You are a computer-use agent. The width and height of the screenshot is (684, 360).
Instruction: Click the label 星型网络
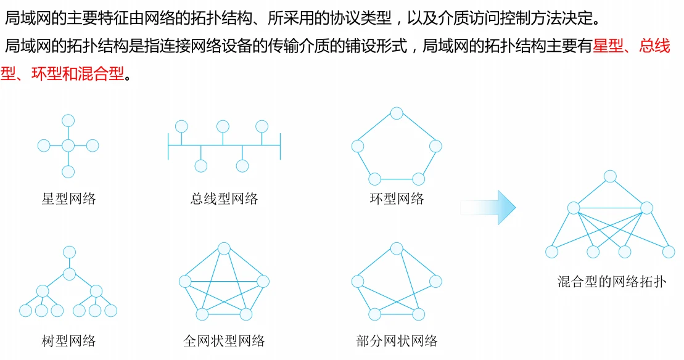[69, 199]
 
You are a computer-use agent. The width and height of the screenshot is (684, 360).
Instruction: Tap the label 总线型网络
[225, 199]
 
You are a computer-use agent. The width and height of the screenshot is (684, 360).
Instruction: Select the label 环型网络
[397, 199]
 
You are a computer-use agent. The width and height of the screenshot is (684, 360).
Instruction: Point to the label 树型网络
[69, 341]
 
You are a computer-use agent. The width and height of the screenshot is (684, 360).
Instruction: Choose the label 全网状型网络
[225, 341]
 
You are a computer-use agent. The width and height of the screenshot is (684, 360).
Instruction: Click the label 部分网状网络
[397, 341]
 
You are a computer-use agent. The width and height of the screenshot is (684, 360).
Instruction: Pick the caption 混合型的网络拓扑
[612, 283]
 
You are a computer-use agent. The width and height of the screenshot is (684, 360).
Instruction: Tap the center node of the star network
[68, 146]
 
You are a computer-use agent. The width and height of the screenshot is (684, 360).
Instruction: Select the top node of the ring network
[397, 113]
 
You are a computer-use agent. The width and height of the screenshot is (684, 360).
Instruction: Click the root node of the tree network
[70, 252]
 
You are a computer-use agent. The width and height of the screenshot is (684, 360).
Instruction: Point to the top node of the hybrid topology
[611, 177]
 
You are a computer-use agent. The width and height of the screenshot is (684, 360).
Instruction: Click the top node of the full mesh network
[225, 248]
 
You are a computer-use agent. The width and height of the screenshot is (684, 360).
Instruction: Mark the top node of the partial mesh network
[397, 248]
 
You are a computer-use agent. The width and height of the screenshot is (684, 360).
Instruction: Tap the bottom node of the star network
[68, 171]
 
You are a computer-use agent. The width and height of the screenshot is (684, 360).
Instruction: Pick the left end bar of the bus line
[168, 145]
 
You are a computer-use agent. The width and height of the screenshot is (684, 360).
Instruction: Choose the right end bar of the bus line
[280, 145]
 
